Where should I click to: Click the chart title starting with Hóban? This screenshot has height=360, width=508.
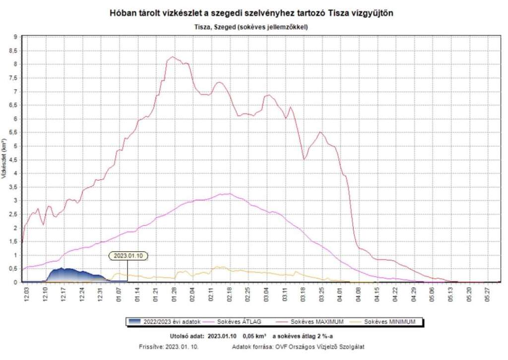[252, 14]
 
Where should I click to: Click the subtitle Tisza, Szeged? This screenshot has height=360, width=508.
[252, 27]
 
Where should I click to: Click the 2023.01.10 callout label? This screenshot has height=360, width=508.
[128, 256]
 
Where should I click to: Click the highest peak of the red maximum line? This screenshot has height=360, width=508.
[173, 57]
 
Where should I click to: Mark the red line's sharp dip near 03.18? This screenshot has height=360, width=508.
[305, 159]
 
